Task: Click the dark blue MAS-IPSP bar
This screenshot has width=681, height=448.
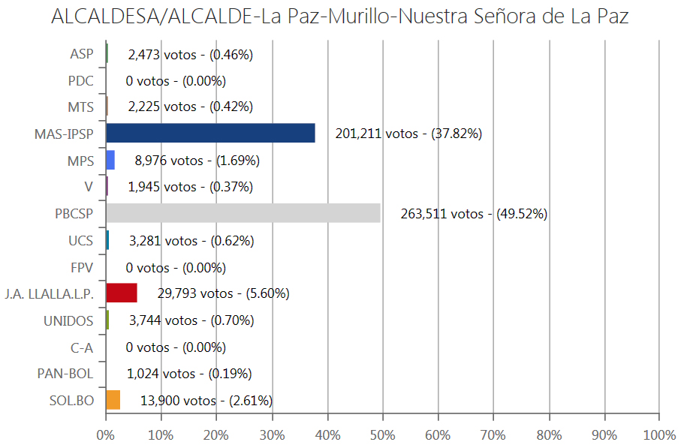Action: click(210, 134)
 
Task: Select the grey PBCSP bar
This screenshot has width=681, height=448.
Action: click(243, 214)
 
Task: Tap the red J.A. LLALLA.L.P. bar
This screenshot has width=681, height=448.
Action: click(122, 293)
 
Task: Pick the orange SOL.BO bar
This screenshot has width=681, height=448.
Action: click(113, 400)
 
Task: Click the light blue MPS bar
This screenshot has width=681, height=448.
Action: click(110, 161)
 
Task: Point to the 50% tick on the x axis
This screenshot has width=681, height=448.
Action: click(382, 434)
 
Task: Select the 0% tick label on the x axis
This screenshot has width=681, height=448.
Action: click(106, 434)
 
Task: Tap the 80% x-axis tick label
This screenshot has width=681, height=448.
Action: click(549, 434)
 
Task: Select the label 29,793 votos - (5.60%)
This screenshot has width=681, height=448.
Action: click(223, 293)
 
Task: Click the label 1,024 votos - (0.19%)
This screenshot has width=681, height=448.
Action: click(188, 374)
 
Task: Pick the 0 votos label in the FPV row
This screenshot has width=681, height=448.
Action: click(176, 267)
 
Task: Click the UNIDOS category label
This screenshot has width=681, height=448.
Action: click(68, 320)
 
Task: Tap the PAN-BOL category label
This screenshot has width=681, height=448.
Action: click(65, 374)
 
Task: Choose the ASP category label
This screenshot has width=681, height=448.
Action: click(82, 54)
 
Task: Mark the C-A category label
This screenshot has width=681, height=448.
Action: click(81, 347)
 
